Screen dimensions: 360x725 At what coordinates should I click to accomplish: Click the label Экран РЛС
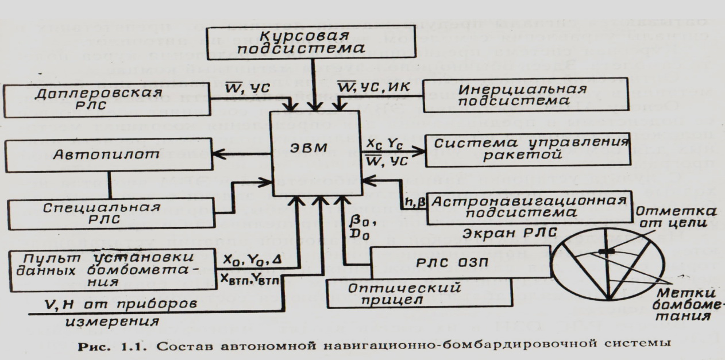coord(508,233)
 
